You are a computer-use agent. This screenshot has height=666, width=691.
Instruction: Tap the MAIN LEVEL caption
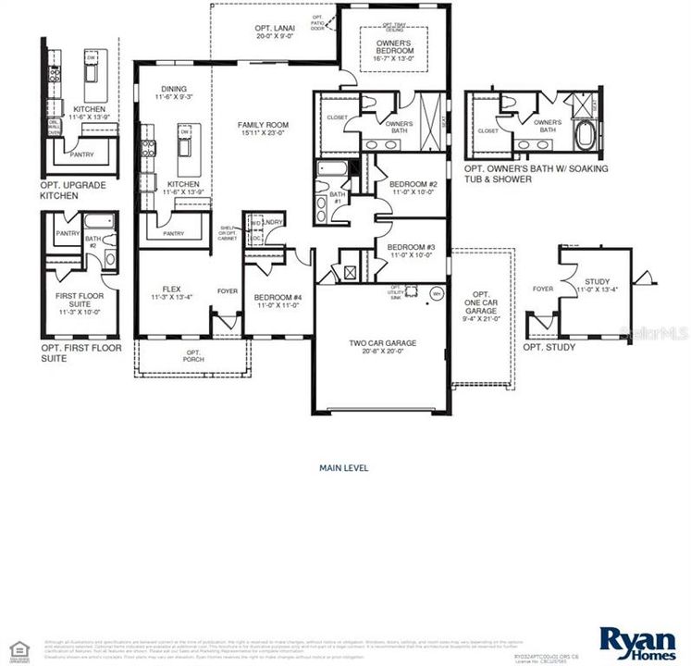pyautogui.click(x=343, y=468)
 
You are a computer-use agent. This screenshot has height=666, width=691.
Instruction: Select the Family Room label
pyautogui.click(x=264, y=129)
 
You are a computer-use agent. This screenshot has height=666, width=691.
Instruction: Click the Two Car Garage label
pyautogui.click(x=382, y=348)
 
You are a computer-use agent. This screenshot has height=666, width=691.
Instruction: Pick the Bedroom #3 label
pyautogui.click(x=411, y=251)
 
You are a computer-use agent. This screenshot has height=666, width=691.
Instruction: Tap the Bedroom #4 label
pyautogui.click(x=279, y=302)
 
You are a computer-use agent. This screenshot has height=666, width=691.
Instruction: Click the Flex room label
pyautogui.click(x=171, y=293)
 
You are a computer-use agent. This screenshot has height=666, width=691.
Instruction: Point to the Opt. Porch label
pyautogui.click(x=193, y=356)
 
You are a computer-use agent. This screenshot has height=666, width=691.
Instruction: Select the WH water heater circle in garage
pyautogui.click(x=437, y=294)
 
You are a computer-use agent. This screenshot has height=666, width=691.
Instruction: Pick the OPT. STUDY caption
pyautogui.click(x=549, y=347)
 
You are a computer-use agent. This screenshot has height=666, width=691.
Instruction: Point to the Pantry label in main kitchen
pyautogui.click(x=174, y=234)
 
